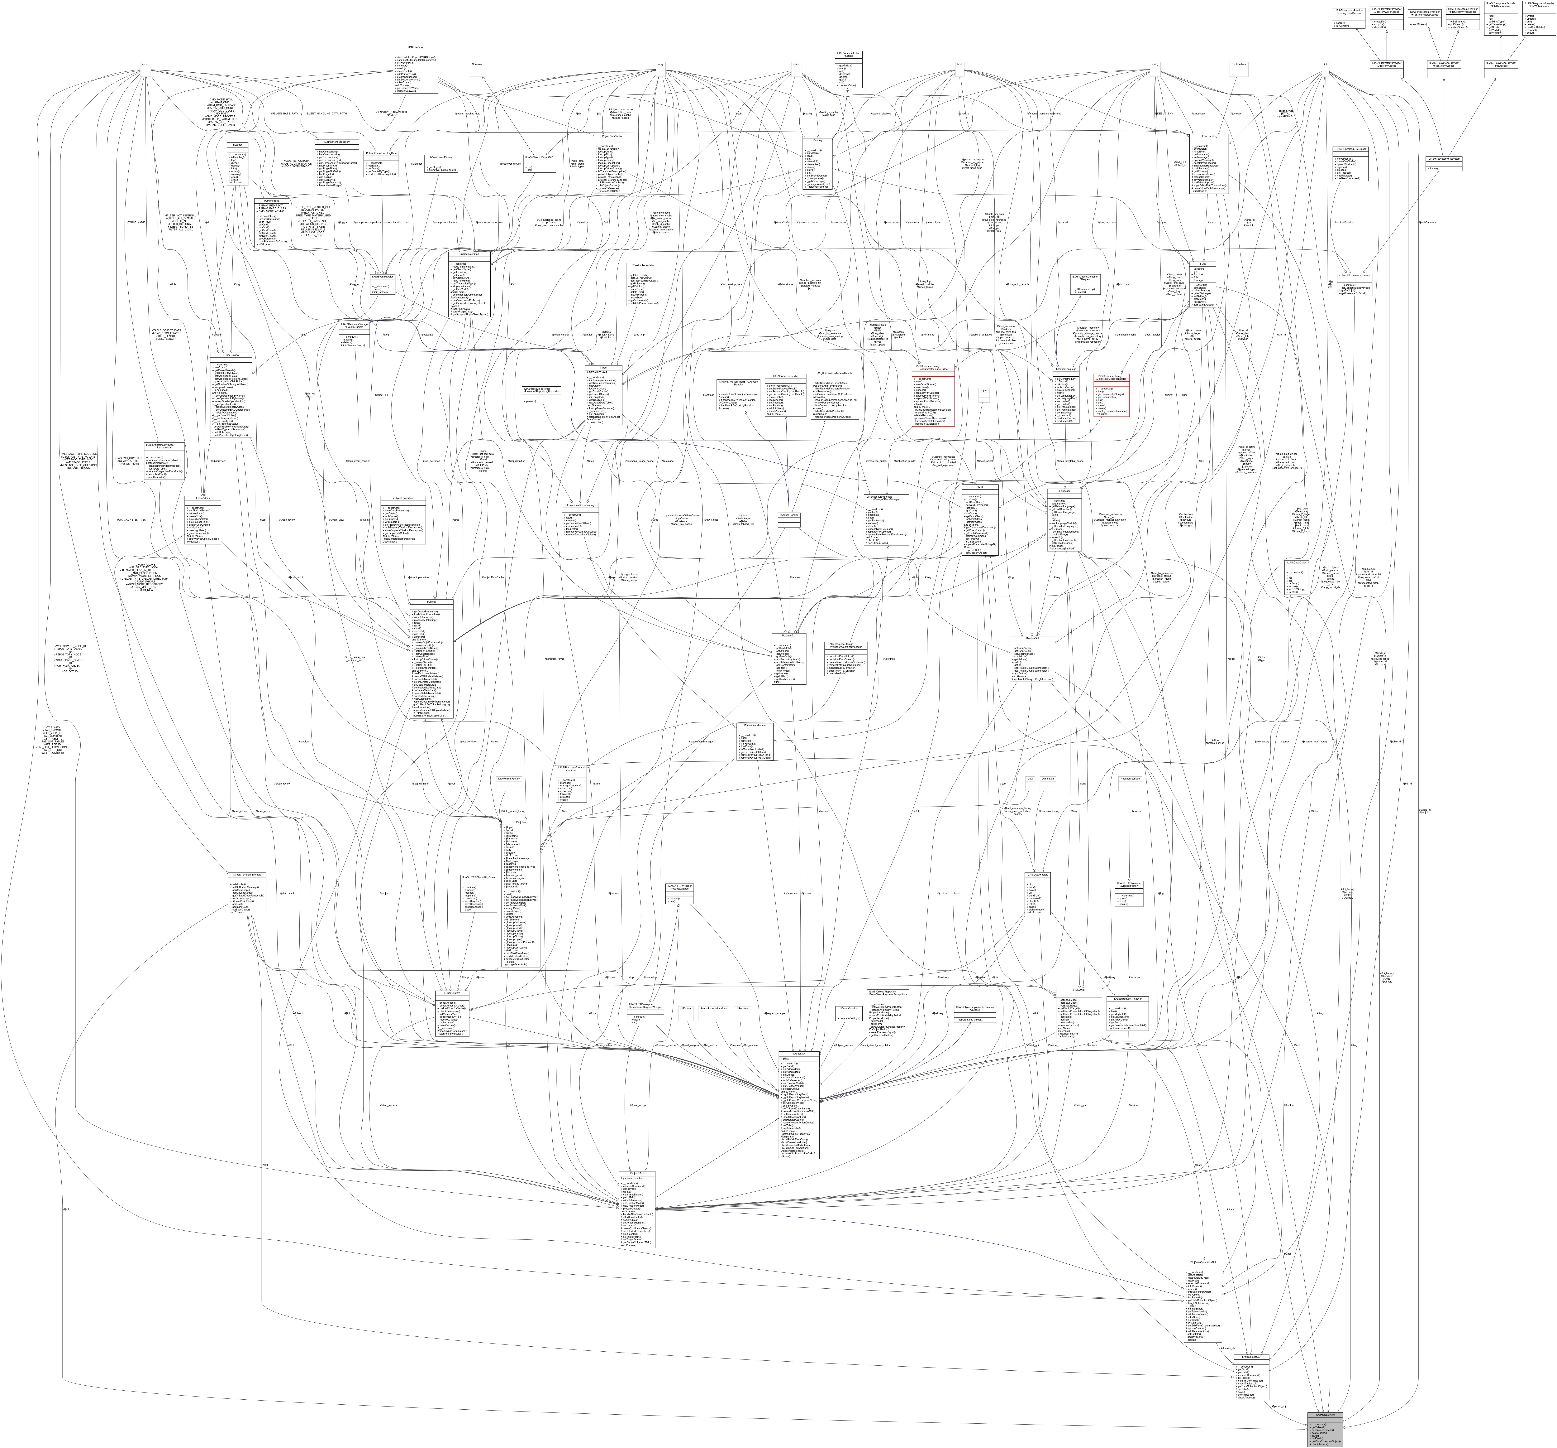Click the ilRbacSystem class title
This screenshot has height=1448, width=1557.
(x=453, y=993)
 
